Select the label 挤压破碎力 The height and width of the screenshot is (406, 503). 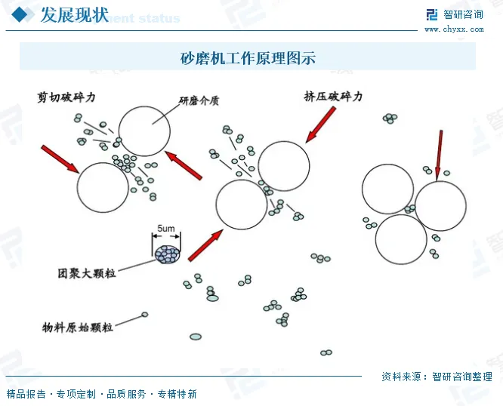[333, 97]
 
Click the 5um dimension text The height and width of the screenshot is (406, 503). [166, 228]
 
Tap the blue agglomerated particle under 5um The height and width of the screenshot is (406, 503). [167, 254]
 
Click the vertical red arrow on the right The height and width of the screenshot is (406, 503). [439, 155]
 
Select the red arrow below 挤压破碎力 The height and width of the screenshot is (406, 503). [320, 124]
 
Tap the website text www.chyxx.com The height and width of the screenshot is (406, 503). [453, 29]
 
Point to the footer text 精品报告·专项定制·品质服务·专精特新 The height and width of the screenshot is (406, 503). [101, 394]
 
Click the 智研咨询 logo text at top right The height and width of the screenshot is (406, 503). [463, 14]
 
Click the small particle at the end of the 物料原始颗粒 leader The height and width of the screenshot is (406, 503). [145, 315]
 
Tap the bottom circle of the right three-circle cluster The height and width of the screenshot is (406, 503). [401, 239]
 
